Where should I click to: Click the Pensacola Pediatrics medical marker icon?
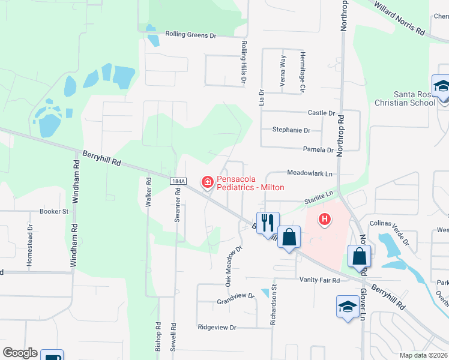click(x=207, y=181)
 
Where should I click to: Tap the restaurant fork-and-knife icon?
click(x=268, y=222)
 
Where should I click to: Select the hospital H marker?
click(x=325, y=220)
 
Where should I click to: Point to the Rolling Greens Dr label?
click(x=191, y=35)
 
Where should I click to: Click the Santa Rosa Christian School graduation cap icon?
click(x=441, y=86)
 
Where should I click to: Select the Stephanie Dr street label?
click(x=291, y=130)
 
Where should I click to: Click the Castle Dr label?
click(x=321, y=113)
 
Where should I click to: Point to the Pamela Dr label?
click(x=318, y=150)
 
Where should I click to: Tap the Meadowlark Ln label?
click(x=310, y=173)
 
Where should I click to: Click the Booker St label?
click(x=54, y=211)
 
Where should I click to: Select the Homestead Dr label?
click(x=29, y=245)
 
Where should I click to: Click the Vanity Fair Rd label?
click(x=320, y=280)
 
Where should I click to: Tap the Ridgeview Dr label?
click(x=217, y=328)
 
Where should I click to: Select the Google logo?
click(x=20, y=353)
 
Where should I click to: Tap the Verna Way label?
click(x=283, y=71)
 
